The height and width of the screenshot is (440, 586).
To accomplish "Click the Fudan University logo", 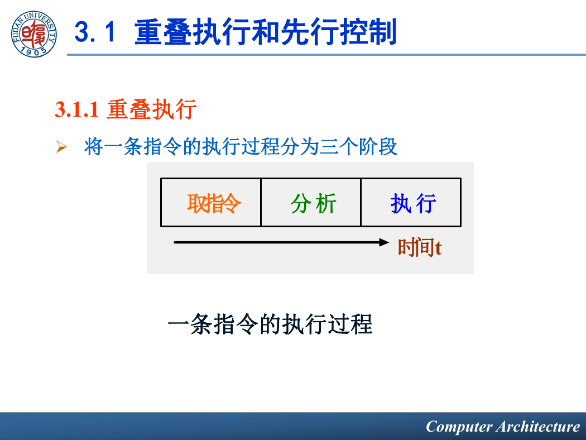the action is tap(34, 34).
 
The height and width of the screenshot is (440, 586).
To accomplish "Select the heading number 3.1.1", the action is tap(76, 109).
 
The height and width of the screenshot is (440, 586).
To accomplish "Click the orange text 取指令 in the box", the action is tap(214, 203).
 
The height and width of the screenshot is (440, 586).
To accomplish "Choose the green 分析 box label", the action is tap(313, 203).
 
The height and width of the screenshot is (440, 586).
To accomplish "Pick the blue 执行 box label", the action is tap(413, 203).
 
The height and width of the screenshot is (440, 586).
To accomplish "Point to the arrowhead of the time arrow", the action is tap(384, 242).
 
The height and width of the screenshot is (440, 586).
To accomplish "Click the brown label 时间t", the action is tap(420, 247).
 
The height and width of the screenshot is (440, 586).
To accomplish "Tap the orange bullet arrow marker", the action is tap(61, 146).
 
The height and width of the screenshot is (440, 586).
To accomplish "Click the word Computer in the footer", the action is tap(459, 427).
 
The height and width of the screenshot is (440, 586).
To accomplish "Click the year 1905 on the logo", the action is tap(34, 51).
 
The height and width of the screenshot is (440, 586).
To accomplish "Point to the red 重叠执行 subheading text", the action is tap(151, 109).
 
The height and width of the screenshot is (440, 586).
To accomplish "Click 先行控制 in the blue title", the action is tap(339, 32).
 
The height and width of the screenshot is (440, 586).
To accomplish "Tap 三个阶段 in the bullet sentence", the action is tap(358, 146).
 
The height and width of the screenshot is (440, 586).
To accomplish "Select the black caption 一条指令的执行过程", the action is tap(270, 324).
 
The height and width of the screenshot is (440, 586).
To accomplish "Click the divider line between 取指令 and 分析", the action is tap(261, 202).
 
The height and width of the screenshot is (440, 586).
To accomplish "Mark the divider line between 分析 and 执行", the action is tap(361, 202).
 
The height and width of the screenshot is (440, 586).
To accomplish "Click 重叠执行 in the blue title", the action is tap(193, 32).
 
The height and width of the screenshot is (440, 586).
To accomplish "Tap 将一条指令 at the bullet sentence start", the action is tap(133, 146).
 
